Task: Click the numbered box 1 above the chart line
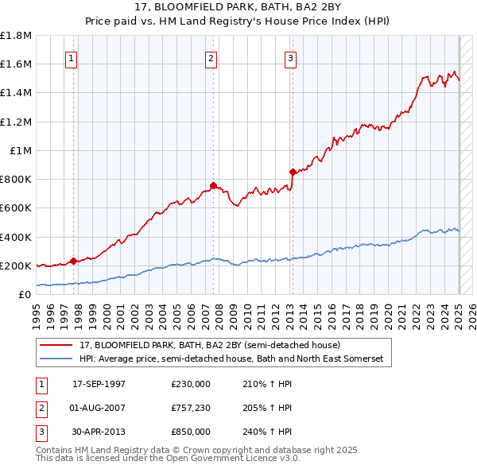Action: pos(72,57)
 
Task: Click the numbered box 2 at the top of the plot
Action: pos(211,57)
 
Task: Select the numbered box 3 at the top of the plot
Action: pos(291,57)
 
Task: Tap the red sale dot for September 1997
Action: pos(73,261)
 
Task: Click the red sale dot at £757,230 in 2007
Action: pos(213,185)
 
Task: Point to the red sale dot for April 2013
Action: pos(293,172)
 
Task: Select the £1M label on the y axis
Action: pos(21,150)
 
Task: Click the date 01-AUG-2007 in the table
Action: pos(99,408)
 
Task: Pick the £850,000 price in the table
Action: pos(190,432)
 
